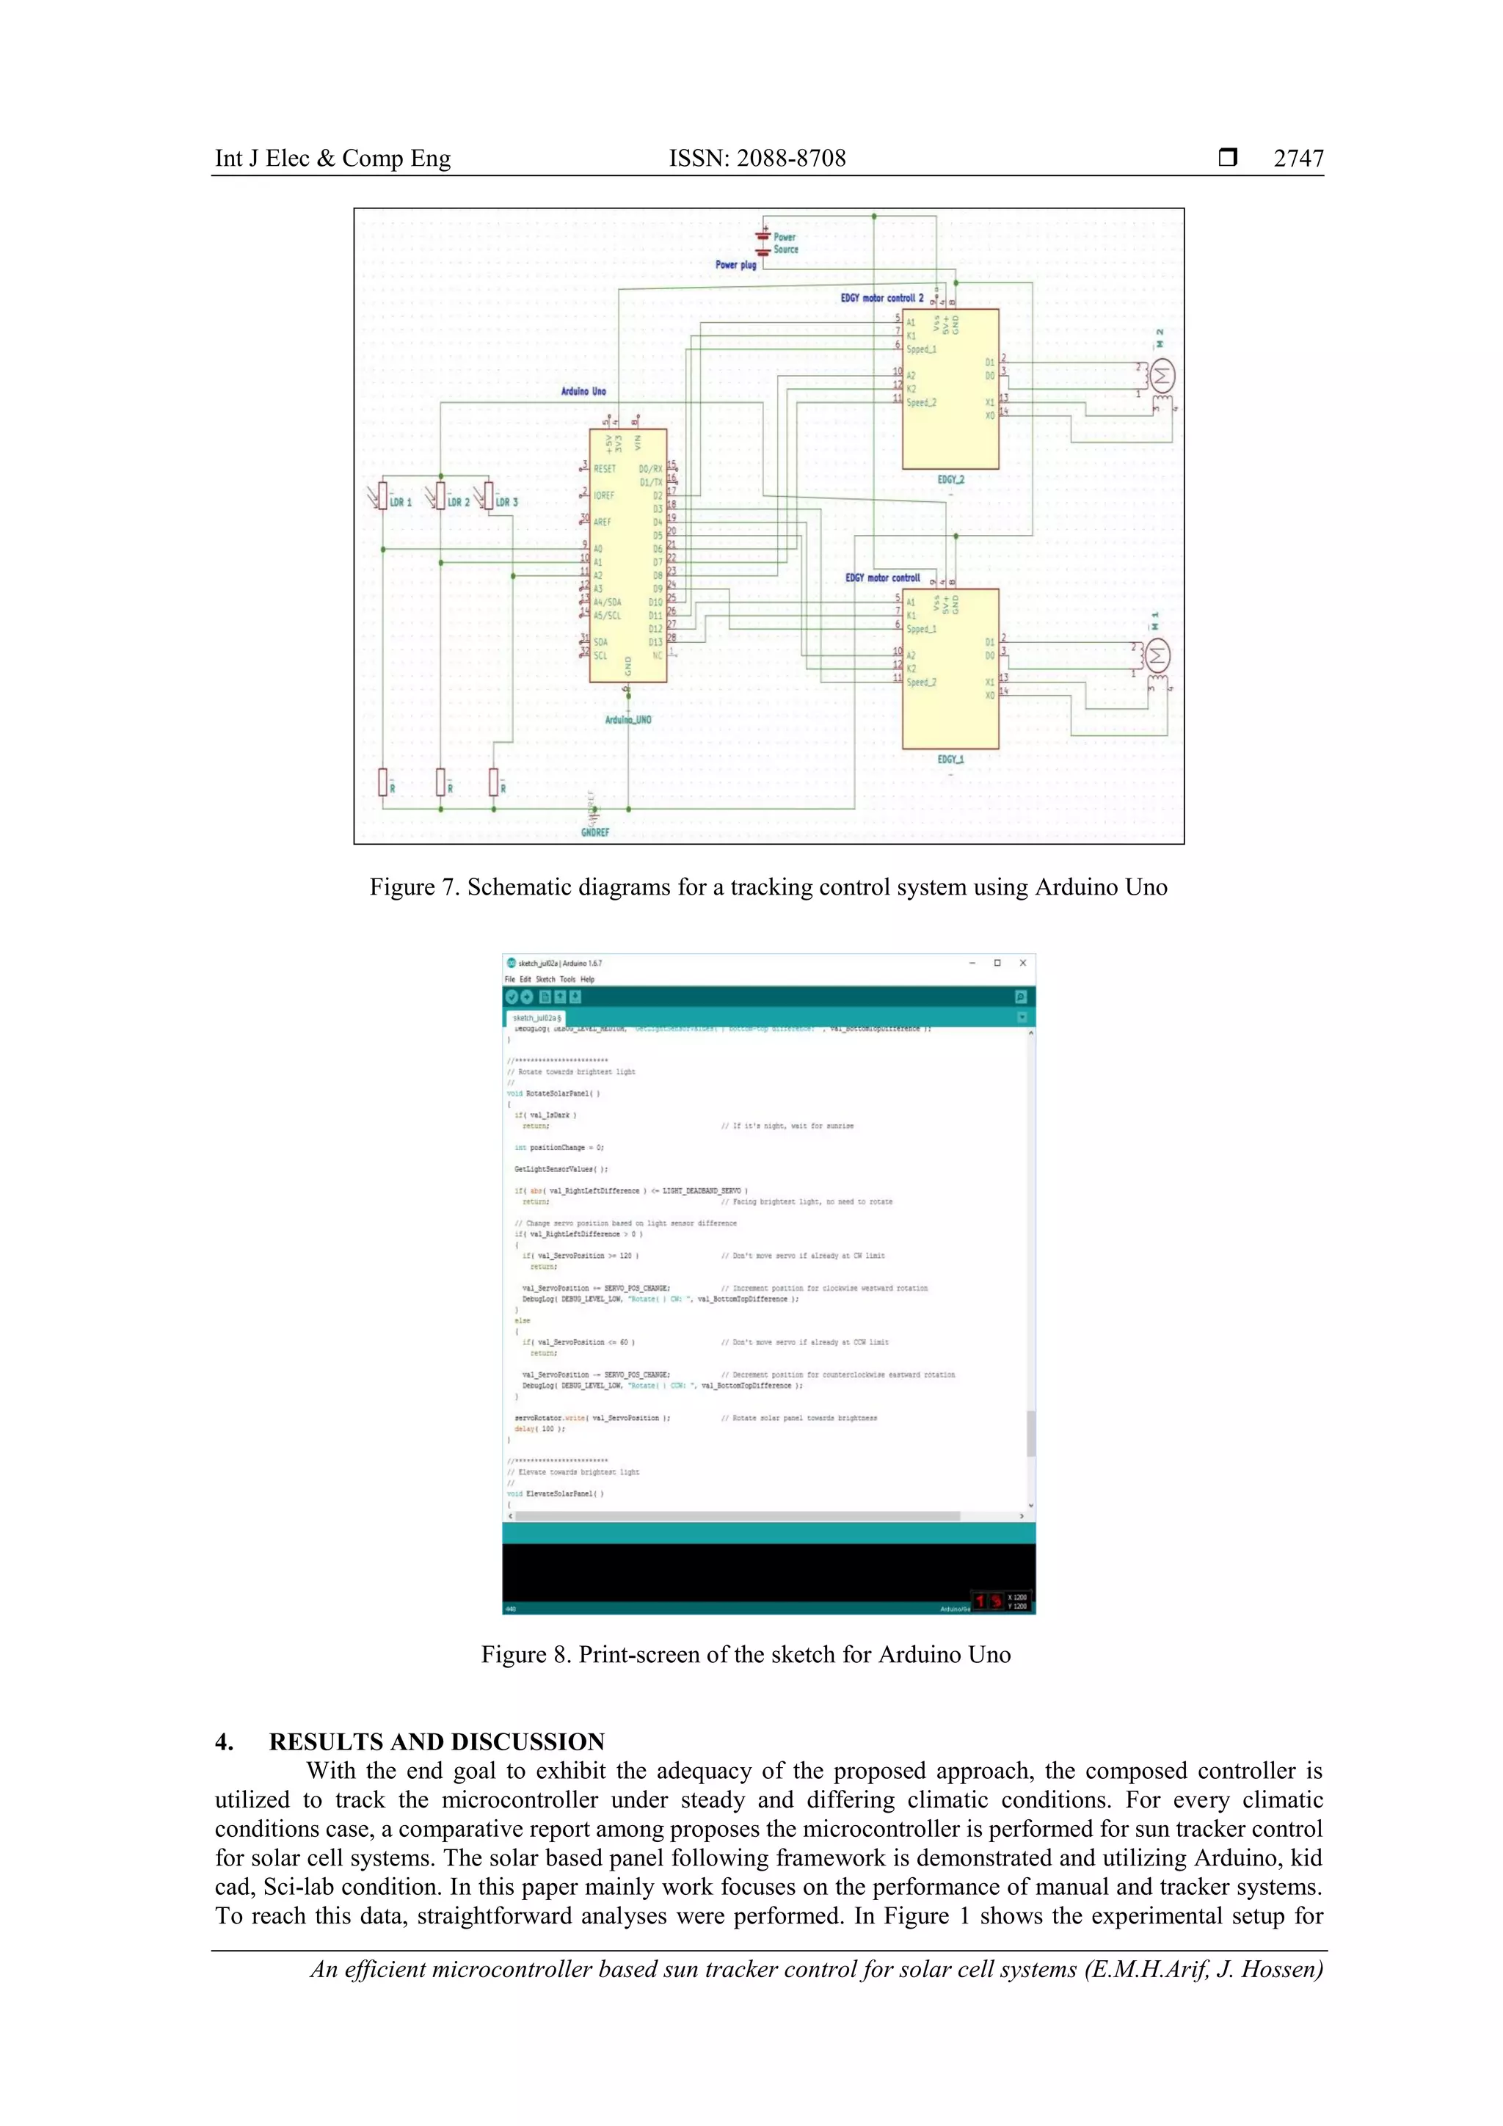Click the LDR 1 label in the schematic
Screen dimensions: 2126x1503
(400, 502)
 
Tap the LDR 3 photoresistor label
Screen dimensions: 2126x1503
(506, 502)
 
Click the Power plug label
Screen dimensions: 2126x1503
(735, 265)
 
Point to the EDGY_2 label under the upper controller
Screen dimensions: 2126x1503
(950, 480)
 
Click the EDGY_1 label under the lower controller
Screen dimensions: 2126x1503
(950, 760)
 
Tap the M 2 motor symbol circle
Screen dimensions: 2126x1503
(1160, 376)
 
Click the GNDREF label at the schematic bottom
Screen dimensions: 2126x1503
(594, 832)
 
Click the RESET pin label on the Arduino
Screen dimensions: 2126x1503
(605, 468)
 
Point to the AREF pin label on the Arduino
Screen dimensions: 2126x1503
(603, 523)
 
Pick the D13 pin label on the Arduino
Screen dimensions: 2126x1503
(655, 641)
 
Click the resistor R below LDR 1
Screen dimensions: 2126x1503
(383, 782)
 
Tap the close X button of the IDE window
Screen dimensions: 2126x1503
(1022, 963)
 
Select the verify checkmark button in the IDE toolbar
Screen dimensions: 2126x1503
(512, 997)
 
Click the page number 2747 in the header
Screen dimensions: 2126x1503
(1298, 159)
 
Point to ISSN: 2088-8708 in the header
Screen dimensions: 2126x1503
(757, 159)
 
